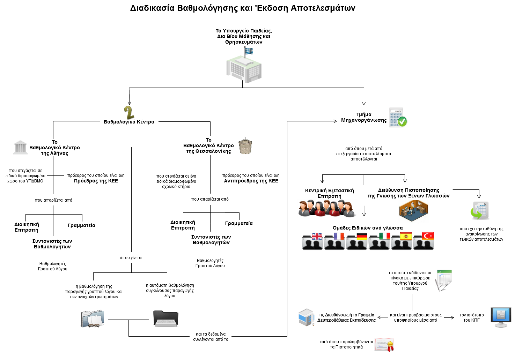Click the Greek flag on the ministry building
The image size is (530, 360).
pyautogui.click(x=249, y=51)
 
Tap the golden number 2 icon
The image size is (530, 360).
pyautogui.click(x=129, y=113)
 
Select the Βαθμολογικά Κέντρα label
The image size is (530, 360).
pyautogui.click(x=129, y=122)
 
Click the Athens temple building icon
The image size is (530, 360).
pyautogui.click(x=20, y=147)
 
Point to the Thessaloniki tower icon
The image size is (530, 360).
pyautogui.click(x=245, y=147)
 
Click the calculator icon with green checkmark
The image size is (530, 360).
pyautogui.click(x=398, y=117)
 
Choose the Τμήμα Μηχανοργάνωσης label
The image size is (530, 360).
pyautogui.click(x=364, y=117)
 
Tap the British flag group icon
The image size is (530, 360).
pyautogui.click(x=312, y=241)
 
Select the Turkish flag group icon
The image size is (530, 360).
pyautogui.click(x=424, y=241)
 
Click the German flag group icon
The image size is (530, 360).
pyautogui.click(x=357, y=241)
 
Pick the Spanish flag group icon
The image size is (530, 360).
pyautogui.click(x=402, y=241)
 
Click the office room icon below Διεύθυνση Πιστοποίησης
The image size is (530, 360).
pyautogui.click(x=413, y=211)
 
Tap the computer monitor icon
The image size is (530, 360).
pyautogui.click(x=501, y=317)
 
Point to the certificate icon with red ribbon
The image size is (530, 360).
pyautogui.click(x=384, y=345)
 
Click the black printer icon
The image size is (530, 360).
pyautogui.click(x=166, y=318)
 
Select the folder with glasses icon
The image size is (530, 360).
pyautogui.click(x=93, y=318)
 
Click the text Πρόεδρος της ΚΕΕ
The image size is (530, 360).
pyautogui.click(x=96, y=181)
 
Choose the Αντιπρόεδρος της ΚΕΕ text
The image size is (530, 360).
pyautogui.click(x=251, y=181)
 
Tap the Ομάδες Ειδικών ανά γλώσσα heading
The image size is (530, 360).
pyautogui.click(x=368, y=228)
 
